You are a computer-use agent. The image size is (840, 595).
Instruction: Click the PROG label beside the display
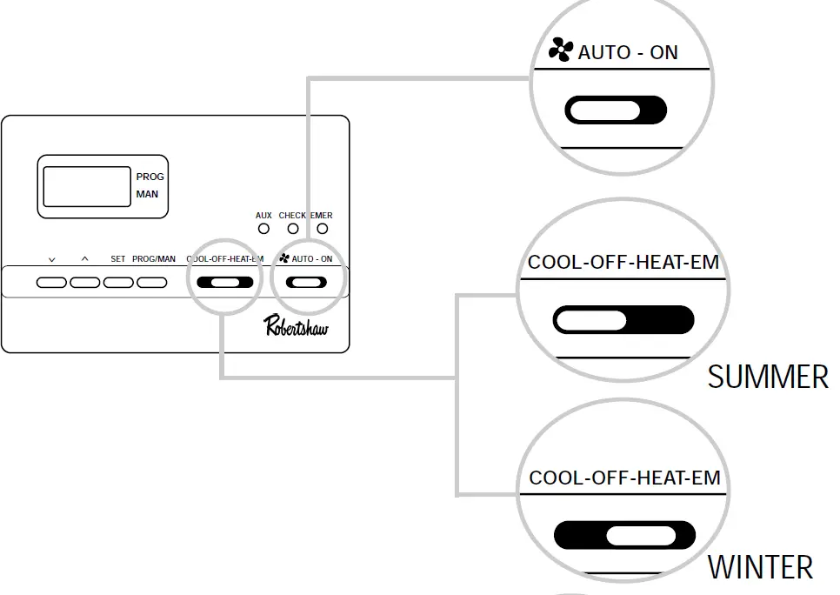(150, 177)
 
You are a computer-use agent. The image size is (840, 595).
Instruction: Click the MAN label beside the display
(147, 194)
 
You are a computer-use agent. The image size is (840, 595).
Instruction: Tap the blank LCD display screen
(86, 186)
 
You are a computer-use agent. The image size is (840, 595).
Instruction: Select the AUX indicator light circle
(263, 229)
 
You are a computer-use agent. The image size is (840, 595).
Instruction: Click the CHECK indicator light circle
(293, 229)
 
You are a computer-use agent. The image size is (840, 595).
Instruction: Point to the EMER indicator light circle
(323, 229)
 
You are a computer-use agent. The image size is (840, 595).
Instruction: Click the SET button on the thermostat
(118, 283)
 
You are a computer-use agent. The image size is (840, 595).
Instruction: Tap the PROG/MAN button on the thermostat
(152, 283)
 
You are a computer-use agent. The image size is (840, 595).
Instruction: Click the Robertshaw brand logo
(296, 325)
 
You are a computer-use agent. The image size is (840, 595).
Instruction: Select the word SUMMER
(768, 377)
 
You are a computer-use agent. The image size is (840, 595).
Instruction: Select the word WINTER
(760, 567)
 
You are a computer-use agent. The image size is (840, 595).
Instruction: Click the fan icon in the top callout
(561, 51)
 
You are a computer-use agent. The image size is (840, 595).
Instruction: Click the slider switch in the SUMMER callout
(623, 320)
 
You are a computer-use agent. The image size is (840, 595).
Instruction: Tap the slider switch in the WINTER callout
(624, 535)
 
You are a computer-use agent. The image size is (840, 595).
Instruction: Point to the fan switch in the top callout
(616, 110)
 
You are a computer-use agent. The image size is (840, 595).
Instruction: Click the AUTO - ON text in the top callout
(627, 52)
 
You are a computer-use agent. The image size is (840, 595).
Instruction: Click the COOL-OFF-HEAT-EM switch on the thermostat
(225, 283)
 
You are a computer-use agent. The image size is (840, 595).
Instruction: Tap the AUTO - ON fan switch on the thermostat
(308, 283)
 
